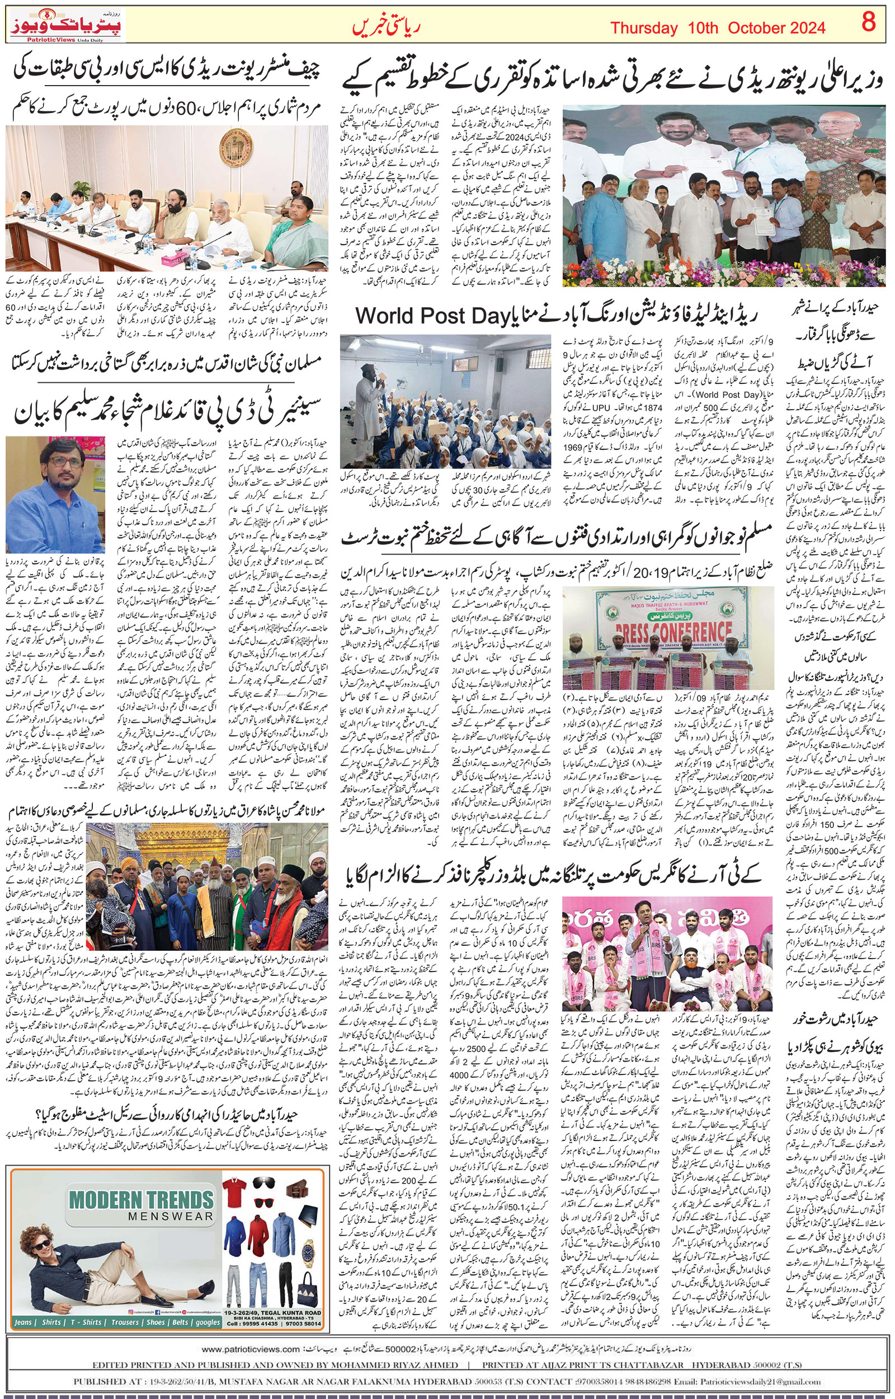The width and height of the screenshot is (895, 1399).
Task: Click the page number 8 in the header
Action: point(868,24)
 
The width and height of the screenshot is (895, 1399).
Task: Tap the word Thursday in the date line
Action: point(644,28)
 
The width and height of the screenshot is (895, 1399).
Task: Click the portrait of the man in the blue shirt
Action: point(55,495)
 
